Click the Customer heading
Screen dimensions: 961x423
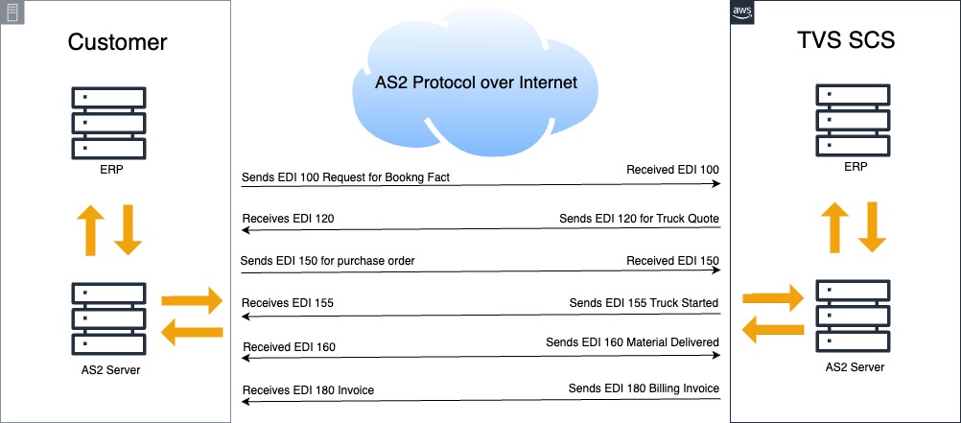pyautogui.click(x=117, y=41)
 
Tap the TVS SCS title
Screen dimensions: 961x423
pyautogui.click(x=846, y=39)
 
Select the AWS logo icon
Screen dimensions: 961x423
pyautogui.click(x=742, y=12)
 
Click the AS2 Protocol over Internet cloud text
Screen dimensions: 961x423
pyautogui.click(x=477, y=82)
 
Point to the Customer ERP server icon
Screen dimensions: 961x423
pyautogui.click(x=109, y=123)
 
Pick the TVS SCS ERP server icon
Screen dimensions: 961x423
pyautogui.click(x=853, y=120)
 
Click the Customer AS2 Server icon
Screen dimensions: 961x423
pyautogui.click(x=109, y=318)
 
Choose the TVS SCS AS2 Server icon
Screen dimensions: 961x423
pyautogui.click(x=853, y=317)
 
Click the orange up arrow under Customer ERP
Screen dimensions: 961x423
pyautogui.click(x=90, y=230)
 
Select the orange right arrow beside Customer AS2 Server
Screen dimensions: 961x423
pyautogui.click(x=192, y=300)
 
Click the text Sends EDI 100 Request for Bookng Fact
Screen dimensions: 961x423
pyautogui.click(x=345, y=177)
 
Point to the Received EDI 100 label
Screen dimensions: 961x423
pyautogui.click(x=672, y=169)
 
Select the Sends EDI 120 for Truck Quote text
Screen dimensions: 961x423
pyautogui.click(x=640, y=219)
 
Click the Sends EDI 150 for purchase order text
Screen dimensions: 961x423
pyautogui.click(x=328, y=261)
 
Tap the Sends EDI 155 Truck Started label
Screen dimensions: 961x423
pyautogui.click(x=644, y=302)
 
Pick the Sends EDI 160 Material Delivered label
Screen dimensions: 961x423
pyautogui.click(x=632, y=342)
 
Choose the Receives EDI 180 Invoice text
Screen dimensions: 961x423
pyautogui.click(x=308, y=389)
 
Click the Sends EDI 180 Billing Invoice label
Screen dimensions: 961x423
pyautogui.click(x=644, y=388)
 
